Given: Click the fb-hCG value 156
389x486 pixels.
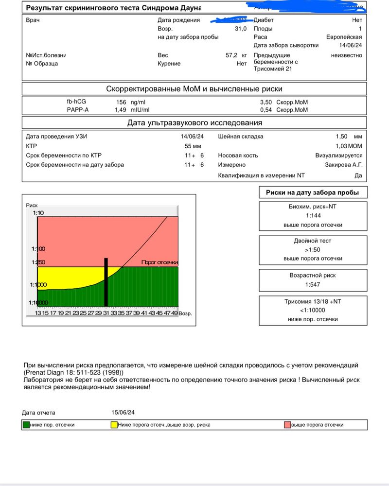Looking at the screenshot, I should coord(121,103).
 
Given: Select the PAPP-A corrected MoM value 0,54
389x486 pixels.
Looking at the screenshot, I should coord(265,110).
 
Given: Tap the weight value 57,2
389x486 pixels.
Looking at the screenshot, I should coord(231,55).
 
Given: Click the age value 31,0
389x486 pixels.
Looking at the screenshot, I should coord(240,29).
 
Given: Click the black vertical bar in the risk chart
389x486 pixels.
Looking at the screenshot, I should coord(106,282).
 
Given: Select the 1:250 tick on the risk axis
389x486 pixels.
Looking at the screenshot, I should coord(38,262).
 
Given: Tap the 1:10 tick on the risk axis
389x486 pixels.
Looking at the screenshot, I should coord(38,213).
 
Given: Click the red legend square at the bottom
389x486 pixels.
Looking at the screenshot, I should coord(287,425).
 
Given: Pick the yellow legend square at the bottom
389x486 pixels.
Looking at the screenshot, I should coord(114,425).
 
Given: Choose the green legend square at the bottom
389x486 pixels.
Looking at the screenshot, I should coord(26,425).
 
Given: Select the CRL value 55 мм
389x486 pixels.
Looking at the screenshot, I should coord(193,146).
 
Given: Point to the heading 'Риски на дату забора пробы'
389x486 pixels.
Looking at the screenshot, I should coord(313,192).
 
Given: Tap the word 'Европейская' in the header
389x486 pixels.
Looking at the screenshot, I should coord(344,37).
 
